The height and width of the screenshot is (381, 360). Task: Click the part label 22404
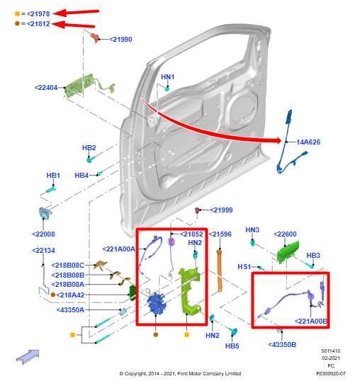pos(47,88)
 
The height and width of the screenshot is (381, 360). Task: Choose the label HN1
pos(167,76)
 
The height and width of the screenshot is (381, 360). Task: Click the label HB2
pos(89,148)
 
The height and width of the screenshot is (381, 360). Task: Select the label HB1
pos(53,175)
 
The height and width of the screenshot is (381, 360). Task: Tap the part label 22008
pos(43,234)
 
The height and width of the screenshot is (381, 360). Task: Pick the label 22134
pos(43,250)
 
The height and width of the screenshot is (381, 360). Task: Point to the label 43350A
pos(70,309)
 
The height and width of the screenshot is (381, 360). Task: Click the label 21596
pos(219,234)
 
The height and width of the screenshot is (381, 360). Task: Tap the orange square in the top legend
pos(18,13)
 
